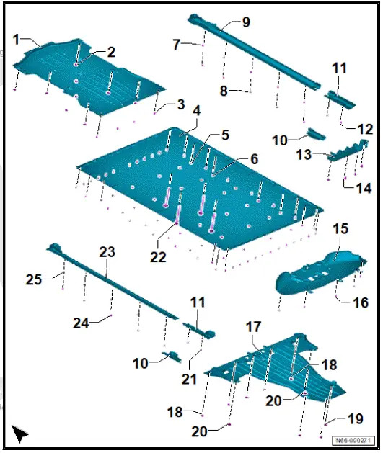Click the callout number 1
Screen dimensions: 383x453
(x=16, y=40)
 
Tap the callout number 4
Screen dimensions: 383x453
(x=197, y=110)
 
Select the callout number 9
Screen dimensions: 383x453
(x=245, y=22)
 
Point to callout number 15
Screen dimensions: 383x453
(x=340, y=228)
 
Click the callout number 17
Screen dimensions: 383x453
(x=253, y=327)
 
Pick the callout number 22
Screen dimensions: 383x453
(x=158, y=256)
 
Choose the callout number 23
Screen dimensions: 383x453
(x=107, y=252)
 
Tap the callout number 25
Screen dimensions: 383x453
(x=34, y=279)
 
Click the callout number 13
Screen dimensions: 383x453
(x=304, y=155)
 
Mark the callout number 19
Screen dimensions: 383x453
(x=355, y=418)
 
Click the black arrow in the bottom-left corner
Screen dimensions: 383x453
(x=19, y=434)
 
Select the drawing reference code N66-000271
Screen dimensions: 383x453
(x=353, y=441)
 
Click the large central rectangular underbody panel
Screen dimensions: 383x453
(x=200, y=188)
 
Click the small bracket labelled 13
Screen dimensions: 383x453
(x=347, y=151)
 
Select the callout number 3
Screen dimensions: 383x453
(x=181, y=104)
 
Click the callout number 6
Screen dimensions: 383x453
(x=254, y=158)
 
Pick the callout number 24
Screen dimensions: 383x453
(x=81, y=323)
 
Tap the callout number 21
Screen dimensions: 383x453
(x=189, y=379)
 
